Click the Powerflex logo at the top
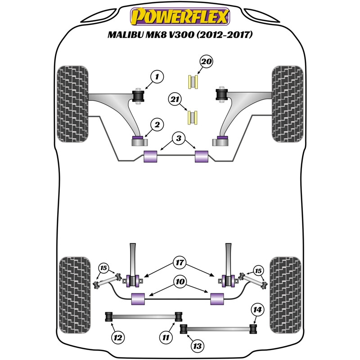coord(180,18)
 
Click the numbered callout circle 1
coord(158,77)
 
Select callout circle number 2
coord(157,125)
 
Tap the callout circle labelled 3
coord(178,139)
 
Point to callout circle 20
coord(206,61)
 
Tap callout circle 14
coord(258,310)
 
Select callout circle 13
coord(197,346)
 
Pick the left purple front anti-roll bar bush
coord(150,157)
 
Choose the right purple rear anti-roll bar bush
coord(217,297)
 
